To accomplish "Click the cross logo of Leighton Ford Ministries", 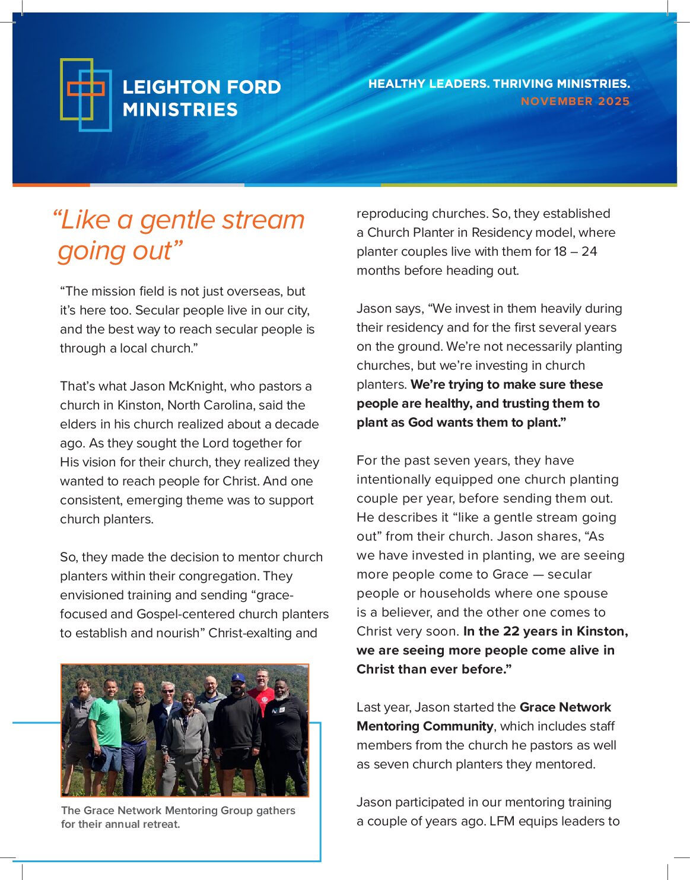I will tap(85, 94).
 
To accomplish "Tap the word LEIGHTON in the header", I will tap(165, 87).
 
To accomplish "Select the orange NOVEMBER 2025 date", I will tap(575, 101).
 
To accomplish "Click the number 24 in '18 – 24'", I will tap(589, 252).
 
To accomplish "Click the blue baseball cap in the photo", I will tap(238, 678).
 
